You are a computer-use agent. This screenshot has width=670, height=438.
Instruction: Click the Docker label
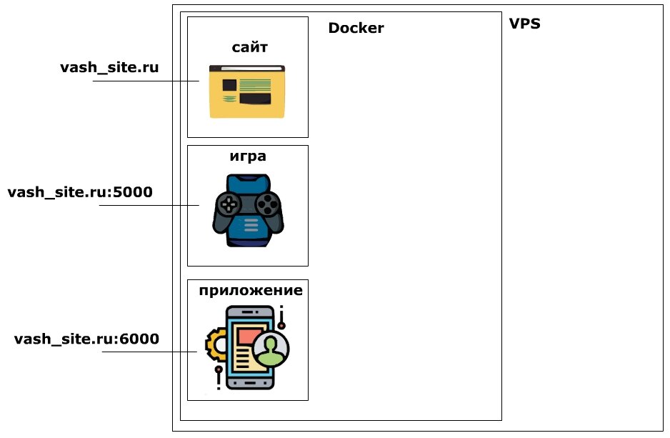point(356,29)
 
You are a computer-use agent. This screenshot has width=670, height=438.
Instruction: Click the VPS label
point(524,24)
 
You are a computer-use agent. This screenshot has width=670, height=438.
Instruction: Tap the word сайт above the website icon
point(250,48)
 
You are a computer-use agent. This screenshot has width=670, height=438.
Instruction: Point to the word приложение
point(250,290)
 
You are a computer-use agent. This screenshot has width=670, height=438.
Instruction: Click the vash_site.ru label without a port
point(109,67)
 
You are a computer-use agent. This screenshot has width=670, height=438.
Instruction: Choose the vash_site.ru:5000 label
point(80,192)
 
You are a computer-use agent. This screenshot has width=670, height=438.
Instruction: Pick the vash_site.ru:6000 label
point(86,339)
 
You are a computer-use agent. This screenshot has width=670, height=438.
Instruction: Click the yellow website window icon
point(247,91)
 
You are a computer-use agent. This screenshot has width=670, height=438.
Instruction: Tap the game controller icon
point(248,210)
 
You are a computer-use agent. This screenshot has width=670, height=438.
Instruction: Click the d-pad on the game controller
point(229,206)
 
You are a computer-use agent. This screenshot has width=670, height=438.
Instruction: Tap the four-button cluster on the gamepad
point(267,205)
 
